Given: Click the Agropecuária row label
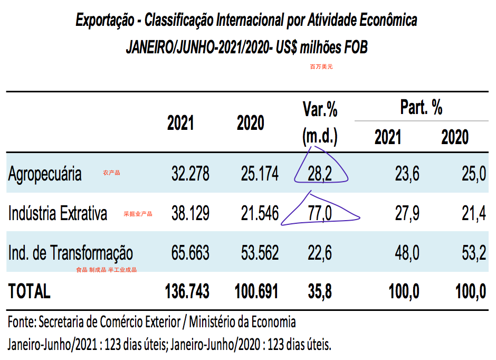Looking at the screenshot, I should click(45, 174).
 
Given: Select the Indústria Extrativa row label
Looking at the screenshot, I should click(58, 213).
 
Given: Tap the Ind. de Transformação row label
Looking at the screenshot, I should click(70, 253).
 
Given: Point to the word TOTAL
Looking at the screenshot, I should click(29, 291).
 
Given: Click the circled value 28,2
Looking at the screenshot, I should click(320, 174).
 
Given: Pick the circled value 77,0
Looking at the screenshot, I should click(320, 213).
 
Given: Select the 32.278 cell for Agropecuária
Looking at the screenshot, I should click(190, 174).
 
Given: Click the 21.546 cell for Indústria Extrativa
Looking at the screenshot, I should click(260, 213).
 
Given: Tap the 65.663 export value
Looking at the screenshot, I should click(190, 253).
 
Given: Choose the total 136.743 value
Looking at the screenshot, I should click(187, 291).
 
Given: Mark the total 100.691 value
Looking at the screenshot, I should click(257, 291).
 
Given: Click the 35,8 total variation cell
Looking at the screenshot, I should click(320, 291).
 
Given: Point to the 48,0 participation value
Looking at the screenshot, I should click(407, 253).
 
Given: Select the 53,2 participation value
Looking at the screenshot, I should click(473, 253).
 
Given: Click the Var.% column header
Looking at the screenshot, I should click(320, 110).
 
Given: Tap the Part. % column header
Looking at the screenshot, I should click(421, 108).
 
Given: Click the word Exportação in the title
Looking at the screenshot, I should click(103, 21).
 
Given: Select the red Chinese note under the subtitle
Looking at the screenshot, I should click(321, 67).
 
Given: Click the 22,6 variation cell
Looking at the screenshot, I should click(320, 253).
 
